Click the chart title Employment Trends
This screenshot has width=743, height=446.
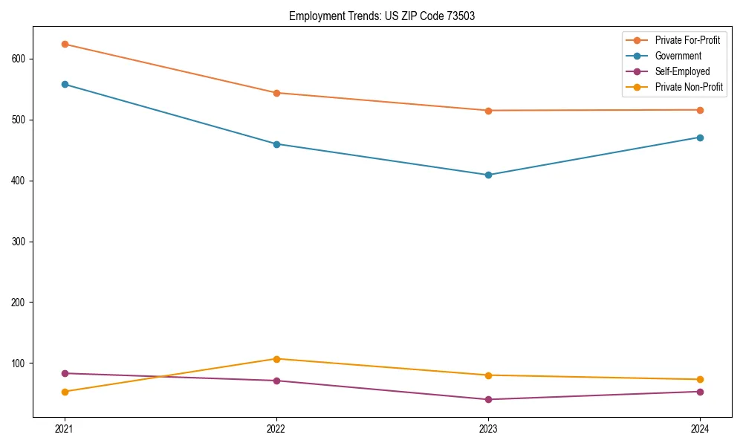(x=382, y=16)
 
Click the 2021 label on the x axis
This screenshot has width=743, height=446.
(x=65, y=430)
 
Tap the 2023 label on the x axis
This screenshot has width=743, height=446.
(x=488, y=430)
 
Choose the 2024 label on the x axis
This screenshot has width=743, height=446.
(x=700, y=430)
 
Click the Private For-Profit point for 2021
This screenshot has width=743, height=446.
(x=65, y=44)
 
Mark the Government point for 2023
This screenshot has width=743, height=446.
(x=488, y=175)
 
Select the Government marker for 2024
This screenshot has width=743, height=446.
(x=700, y=138)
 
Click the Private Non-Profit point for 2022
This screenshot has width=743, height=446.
(x=276, y=359)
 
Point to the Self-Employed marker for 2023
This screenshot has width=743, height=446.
(x=488, y=399)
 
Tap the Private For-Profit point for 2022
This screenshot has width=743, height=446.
(x=276, y=93)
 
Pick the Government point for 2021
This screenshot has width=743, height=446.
(x=65, y=84)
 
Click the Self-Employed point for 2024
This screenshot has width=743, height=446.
(x=700, y=392)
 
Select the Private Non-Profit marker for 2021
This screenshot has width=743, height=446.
(x=65, y=392)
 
